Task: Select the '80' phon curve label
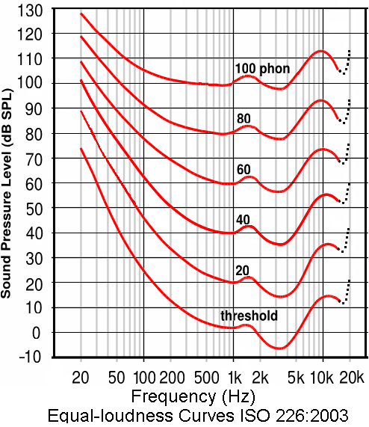coord(244,119)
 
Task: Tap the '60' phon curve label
coord(244,168)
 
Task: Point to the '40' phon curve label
coord(244,218)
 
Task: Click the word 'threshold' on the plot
coord(249,316)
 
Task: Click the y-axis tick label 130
coord(32,9)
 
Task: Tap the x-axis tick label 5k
coord(297,374)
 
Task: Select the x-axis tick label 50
coord(116,374)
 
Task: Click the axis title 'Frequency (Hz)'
coord(191,394)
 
